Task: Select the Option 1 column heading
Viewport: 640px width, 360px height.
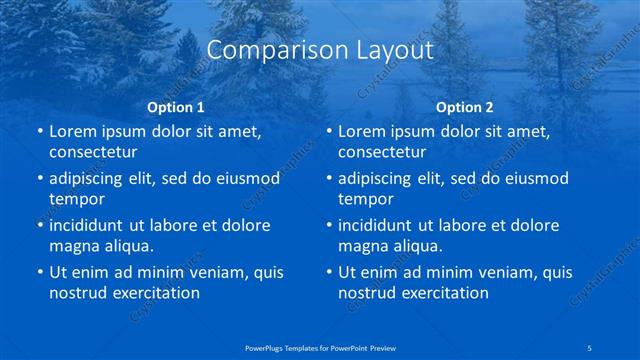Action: [x=176, y=106]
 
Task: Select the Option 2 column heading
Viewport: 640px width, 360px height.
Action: [x=465, y=106]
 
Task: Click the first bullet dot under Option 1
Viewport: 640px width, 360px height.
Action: [x=39, y=131]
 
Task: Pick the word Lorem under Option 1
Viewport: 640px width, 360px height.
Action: [x=72, y=131]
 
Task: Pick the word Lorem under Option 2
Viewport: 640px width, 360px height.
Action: [x=361, y=131]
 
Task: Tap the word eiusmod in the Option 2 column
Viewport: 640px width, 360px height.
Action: [x=536, y=178]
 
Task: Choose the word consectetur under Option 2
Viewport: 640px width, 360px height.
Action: [x=382, y=152]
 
